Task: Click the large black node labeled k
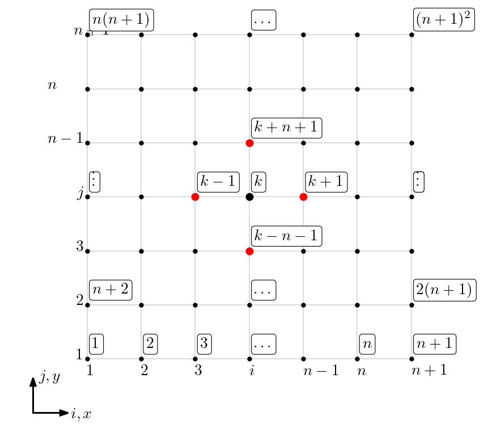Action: pyautogui.click(x=249, y=197)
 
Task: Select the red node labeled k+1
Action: pyautogui.click(x=303, y=197)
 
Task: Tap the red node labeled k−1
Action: pyautogui.click(x=195, y=197)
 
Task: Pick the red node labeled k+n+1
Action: pyautogui.click(x=249, y=143)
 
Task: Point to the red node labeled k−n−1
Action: pyautogui.click(x=249, y=251)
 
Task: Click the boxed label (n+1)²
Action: pyautogui.click(x=444, y=20)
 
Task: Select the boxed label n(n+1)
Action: pyautogui.click(x=121, y=20)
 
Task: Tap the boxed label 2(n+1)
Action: pyautogui.click(x=444, y=290)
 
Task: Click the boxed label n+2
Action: pyautogui.click(x=110, y=290)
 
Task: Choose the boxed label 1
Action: pyautogui.click(x=96, y=343)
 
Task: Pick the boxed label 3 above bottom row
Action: pyautogui.click(x=205, y=343)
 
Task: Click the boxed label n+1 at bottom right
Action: pyautogui.click(x=435, y=343)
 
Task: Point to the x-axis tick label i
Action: pyautogui.click(x=249, y=372)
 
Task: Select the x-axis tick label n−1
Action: pyautogui.click(x=321, y=372)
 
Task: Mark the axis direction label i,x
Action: pyautogui.click(x=80, y=414)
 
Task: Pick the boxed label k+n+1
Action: pyautogui.click(x=286, y=128)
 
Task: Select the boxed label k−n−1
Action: pyautogui.click(x=286, y=236)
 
